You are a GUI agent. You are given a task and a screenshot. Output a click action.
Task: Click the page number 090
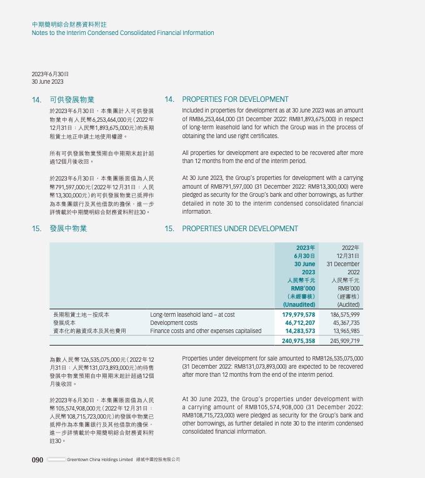(x=37, y=460)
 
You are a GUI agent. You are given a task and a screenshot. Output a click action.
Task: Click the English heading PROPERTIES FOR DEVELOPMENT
(x=235, y=99)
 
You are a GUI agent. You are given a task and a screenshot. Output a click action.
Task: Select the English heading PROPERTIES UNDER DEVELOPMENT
(x=240, y=229)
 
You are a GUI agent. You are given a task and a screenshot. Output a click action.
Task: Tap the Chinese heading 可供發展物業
(x=72, y=99)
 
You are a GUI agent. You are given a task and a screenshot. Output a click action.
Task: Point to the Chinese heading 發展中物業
(x=68, y=229)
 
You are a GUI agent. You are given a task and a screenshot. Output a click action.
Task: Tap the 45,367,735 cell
(x=344, y=323)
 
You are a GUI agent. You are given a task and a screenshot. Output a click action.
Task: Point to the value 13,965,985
(x=344, y=331)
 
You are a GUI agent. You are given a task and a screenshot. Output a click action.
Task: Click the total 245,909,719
(x=342, y=341)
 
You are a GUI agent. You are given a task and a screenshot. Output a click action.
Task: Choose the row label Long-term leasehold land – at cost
(x=192, y=315)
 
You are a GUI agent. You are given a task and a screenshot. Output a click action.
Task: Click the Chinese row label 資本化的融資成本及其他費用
(x=90, y=331)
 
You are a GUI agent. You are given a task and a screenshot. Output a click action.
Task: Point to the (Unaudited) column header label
(x=299, y=304)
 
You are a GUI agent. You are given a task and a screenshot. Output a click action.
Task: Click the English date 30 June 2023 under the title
(x=47, y=82)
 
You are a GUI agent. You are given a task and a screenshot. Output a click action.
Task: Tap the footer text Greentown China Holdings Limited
(x=100, y=460)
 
